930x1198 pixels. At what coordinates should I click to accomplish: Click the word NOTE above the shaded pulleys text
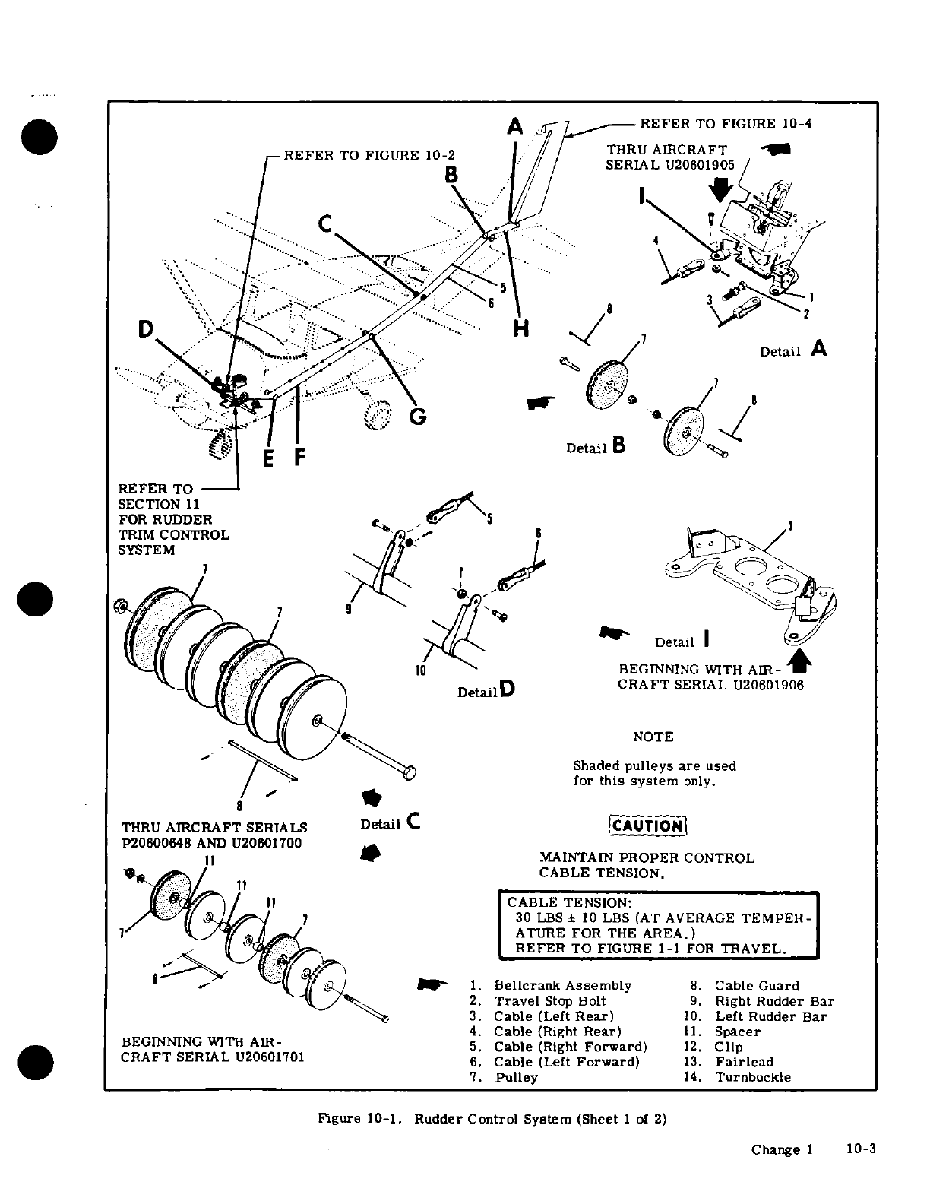(653, 737)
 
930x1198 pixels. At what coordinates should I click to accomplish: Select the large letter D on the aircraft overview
(145, 328)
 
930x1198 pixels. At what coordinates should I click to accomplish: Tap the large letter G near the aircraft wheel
(417, 417)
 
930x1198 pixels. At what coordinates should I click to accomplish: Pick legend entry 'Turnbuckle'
(752, 1077)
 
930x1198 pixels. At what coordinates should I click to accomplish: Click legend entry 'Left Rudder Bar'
(770, 1016)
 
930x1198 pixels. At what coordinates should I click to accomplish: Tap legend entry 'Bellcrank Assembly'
(562, 986)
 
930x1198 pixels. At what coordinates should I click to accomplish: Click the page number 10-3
(861, 1149)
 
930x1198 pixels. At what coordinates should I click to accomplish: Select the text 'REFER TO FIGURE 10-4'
(726, 124)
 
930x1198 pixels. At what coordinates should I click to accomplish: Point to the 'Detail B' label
(596, 447)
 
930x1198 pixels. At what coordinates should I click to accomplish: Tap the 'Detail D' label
(486, 691)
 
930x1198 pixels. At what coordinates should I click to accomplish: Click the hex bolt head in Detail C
(410, 773)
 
